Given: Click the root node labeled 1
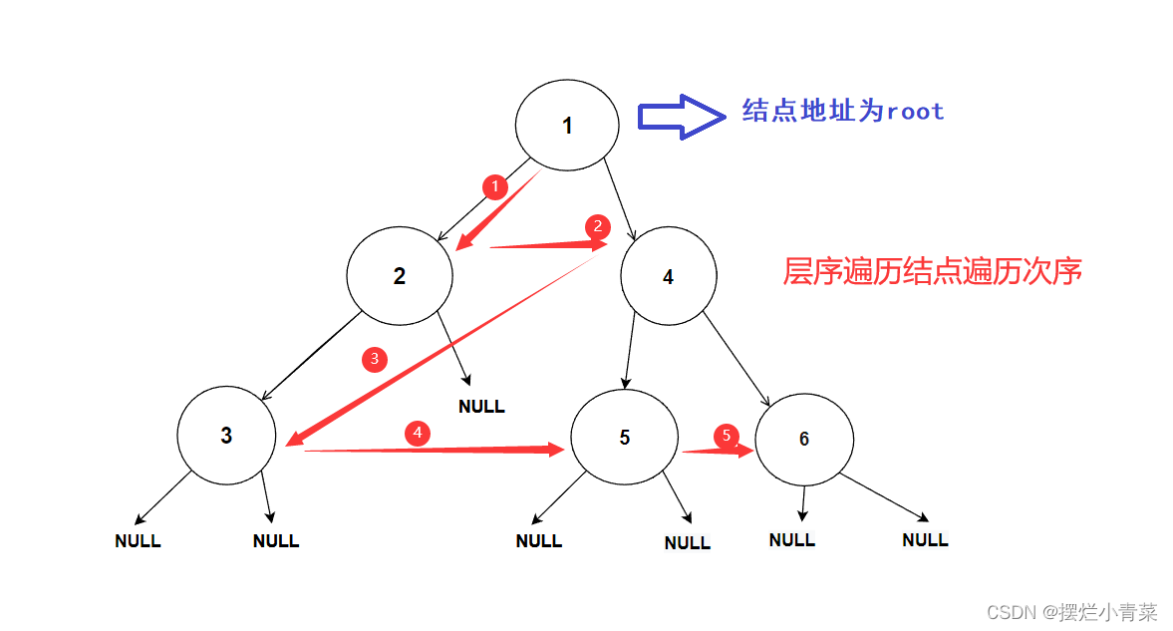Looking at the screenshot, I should click(x=567, y=125).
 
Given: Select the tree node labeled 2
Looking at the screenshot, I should click(x=400, y=275).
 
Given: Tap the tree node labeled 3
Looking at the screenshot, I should click(x=226, y=436).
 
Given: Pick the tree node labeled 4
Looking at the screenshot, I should click(x=668, y=276).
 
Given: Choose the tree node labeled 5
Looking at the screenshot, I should click(x=624, y=438).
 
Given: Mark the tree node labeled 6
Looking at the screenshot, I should click(x=804, y=439).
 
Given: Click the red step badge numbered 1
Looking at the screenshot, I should click(x=495, y=186).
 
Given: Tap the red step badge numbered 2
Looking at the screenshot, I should click(x=597, y=226).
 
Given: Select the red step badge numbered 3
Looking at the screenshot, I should click(x=374, y=359).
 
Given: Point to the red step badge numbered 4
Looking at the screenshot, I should click(x=418, y=433).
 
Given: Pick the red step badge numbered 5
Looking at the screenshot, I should click(x=727, y=436).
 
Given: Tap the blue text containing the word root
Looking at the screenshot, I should click(x=843, y=111).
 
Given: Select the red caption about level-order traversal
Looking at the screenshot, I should click(x=932, y=271).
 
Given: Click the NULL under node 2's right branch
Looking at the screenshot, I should click(x=481, y=407).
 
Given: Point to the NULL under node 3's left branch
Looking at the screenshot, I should click(x=138, y=541).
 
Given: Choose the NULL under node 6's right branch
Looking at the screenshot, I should click(x=925, y=540).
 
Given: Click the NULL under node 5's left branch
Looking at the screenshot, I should click(x=539, y=541).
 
